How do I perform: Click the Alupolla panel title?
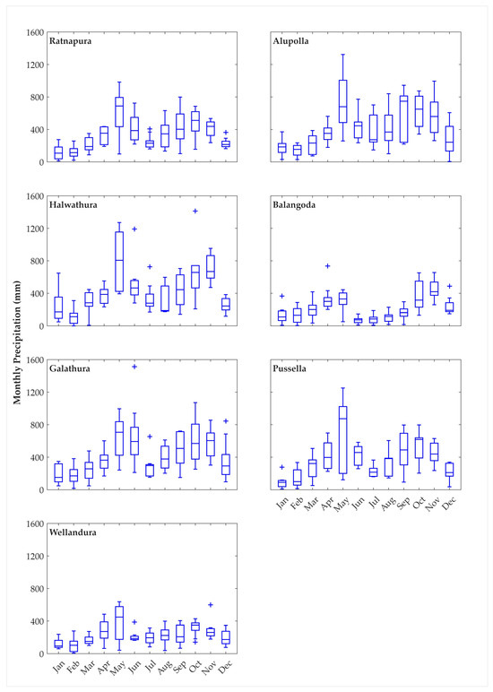(x=293, y=41)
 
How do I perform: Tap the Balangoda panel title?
(x=297, y=205)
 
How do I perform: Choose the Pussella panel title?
(x=291, y=369)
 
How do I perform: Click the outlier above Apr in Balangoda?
(x=327, y=266)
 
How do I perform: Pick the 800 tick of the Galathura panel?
(x=37, y=426)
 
